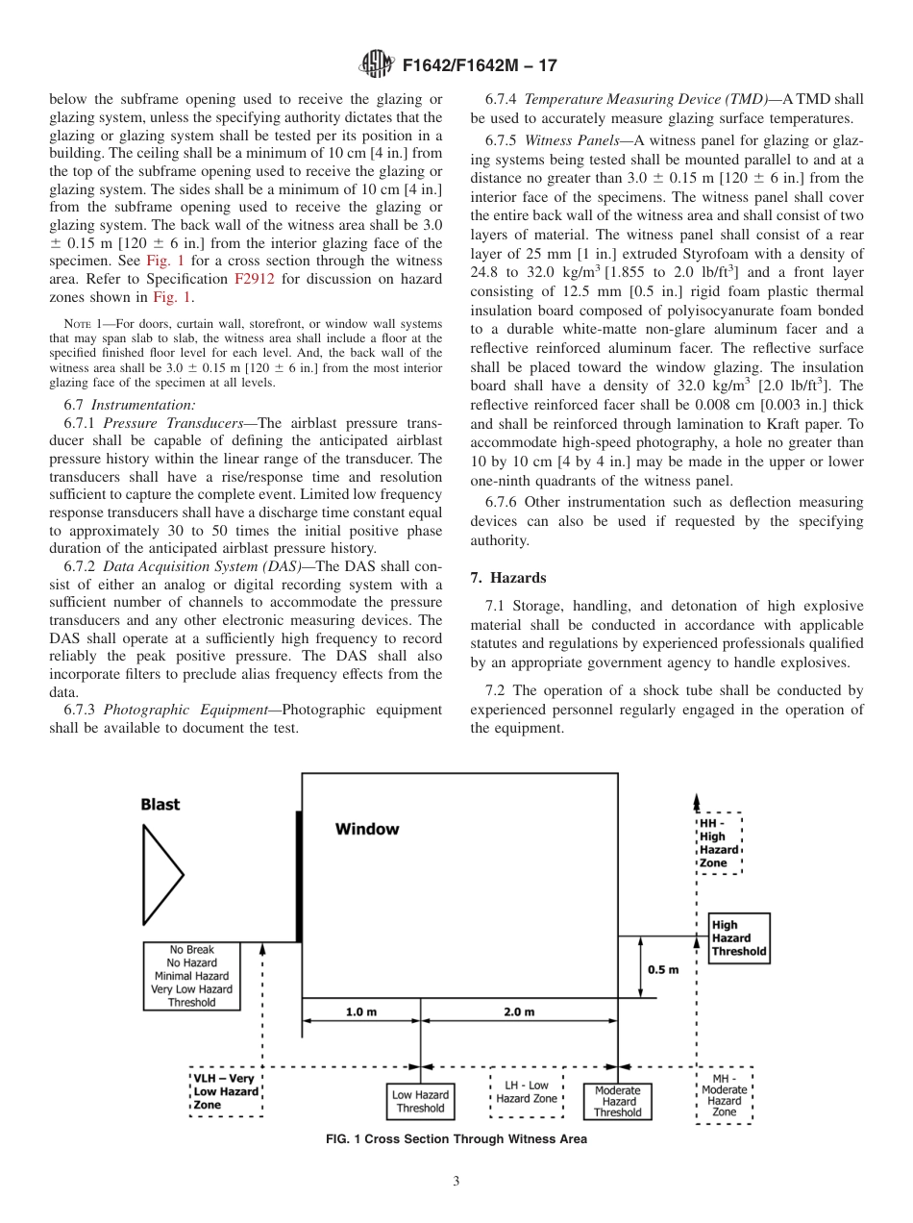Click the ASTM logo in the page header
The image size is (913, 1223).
(376, 65)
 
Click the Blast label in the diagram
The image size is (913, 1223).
(160, 805)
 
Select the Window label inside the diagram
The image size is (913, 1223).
(366, 829)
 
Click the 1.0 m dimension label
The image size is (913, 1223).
(360, 1012)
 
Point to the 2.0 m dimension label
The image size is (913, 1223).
(519, 1012)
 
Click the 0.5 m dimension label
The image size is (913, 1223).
(662, 969)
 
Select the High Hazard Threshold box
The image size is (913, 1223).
(738, 938)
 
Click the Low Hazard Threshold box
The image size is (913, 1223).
(420, 1101)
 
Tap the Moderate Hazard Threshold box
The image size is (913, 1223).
(617, 1102)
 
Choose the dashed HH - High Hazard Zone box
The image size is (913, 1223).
(719, 843)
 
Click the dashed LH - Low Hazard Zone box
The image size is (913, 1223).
(527, 1092)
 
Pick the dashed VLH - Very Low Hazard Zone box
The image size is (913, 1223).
(226, 1092)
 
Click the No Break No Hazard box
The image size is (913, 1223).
(191, 976)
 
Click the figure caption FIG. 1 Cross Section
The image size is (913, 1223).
(456, 1139)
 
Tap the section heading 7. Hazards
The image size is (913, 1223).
(508, 578)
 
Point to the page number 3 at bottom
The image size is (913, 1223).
(456, 1182)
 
